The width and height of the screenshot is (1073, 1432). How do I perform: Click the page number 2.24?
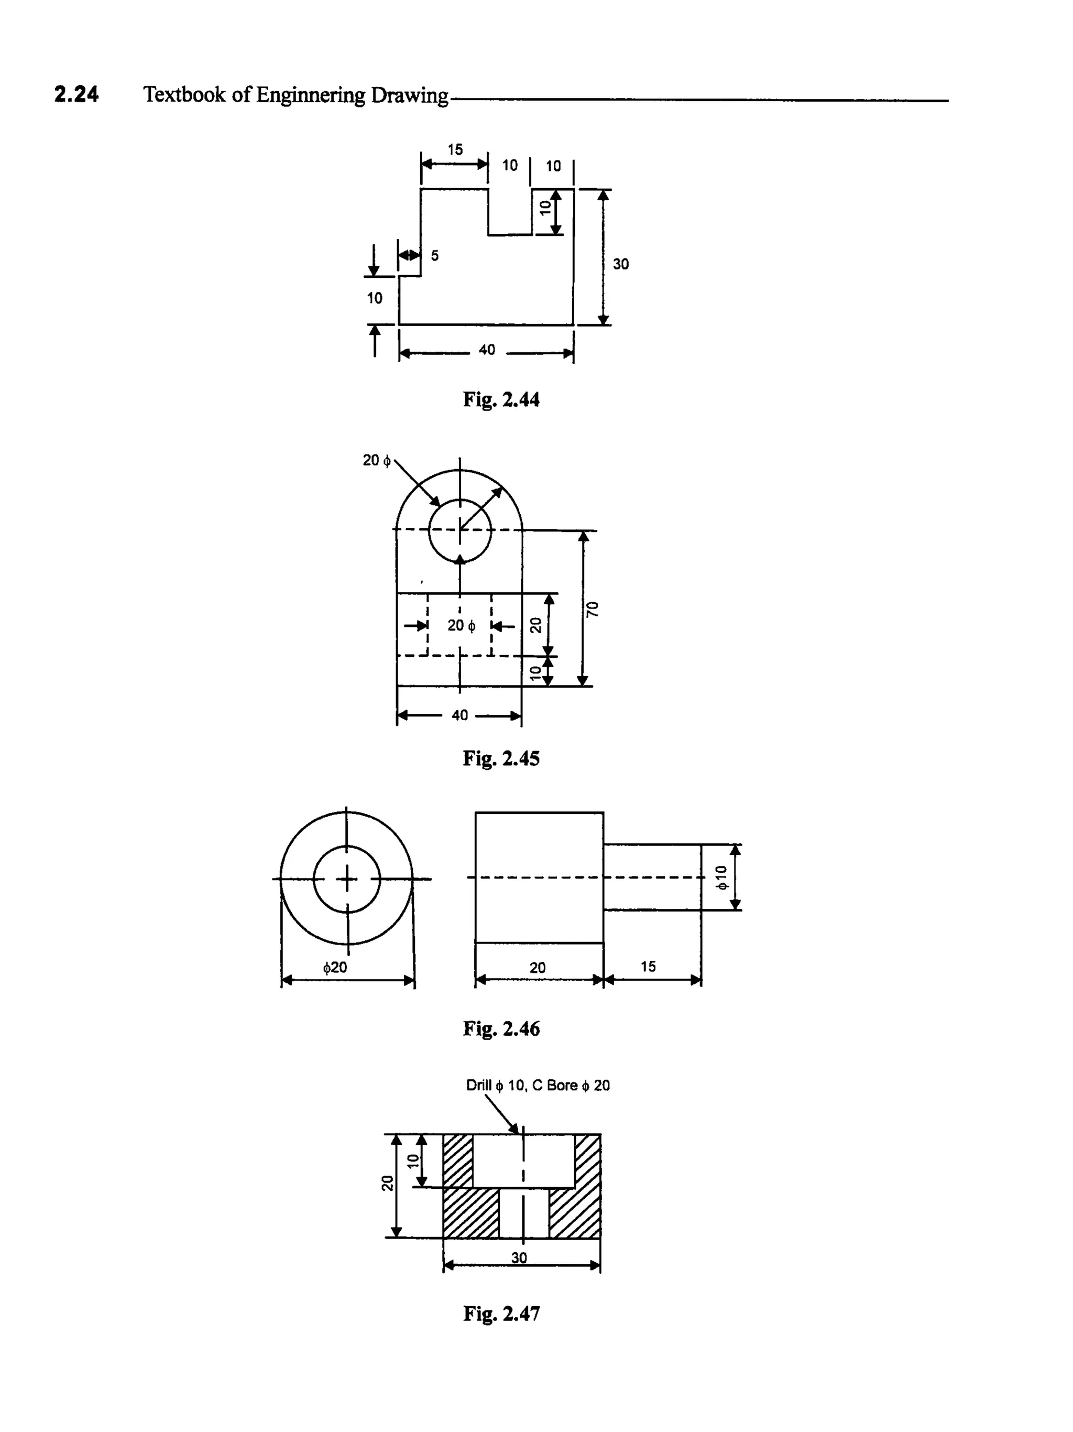[76, 94]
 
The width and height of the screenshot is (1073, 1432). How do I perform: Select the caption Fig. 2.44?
[501, 399]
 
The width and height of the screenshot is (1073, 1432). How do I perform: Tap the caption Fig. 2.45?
[501, 758]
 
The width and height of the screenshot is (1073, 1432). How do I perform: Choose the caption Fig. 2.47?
[501, 1314]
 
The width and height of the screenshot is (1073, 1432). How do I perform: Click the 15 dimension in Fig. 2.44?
[455, 149]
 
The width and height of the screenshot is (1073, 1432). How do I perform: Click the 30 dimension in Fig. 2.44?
[621, 264]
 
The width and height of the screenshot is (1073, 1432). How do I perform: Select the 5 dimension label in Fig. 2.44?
[435, 256]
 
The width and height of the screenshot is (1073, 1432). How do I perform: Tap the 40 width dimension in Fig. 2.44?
[487, 350]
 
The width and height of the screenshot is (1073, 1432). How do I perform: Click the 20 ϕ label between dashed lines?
[461, 625]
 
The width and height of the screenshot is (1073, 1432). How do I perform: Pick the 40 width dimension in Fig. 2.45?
[459, 715]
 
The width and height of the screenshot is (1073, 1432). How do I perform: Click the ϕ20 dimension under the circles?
[335, 968]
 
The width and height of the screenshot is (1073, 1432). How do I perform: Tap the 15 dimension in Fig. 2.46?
[648, 967]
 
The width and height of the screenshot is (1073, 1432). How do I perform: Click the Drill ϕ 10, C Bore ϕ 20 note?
[537, 1085]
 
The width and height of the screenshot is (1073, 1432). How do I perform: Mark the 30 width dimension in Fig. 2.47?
[519, 1258]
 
